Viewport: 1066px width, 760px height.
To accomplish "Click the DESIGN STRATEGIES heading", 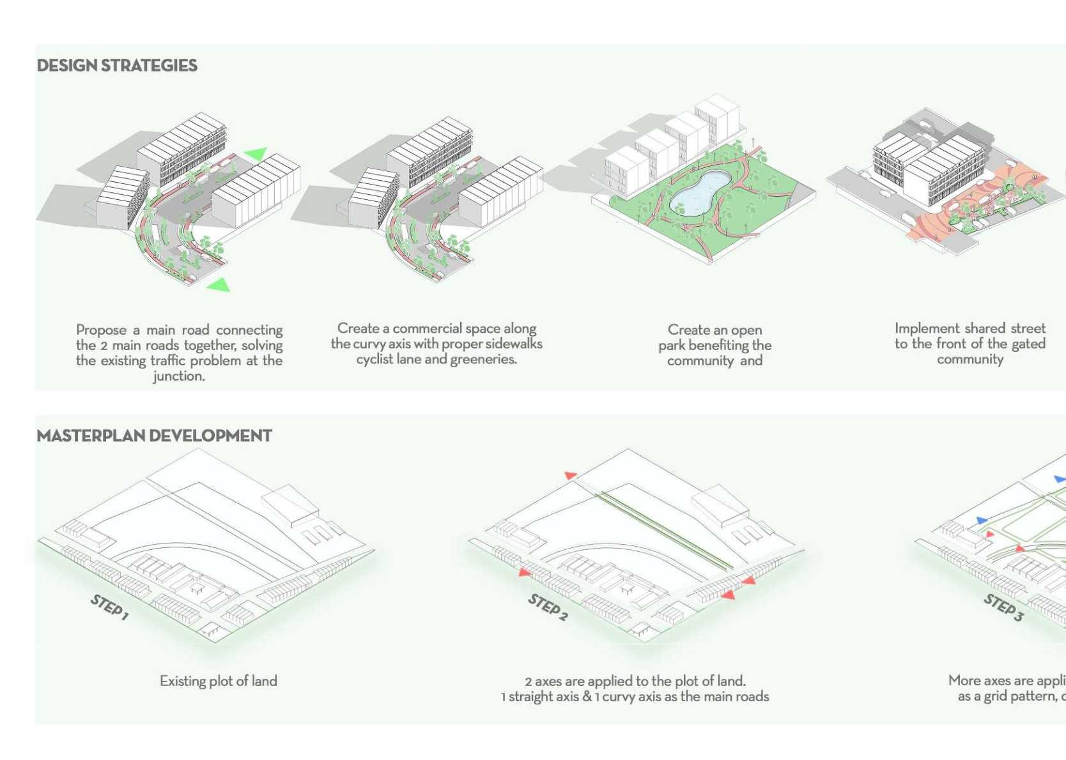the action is [x=117, y=65].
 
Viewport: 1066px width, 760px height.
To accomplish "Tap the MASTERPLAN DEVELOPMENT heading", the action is [x=154, y=436].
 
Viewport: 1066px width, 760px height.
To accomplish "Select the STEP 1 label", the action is [x=109, y=607].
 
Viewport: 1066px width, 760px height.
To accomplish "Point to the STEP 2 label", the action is [x=547, y=607].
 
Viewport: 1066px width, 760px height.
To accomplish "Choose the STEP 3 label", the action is [x=1003, y=607].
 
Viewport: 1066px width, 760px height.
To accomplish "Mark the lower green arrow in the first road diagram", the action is [x=219, y=284].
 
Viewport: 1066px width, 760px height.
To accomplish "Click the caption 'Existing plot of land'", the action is [x=218, y=681].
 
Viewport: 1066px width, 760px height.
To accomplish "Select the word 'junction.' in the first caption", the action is [x=179, y=376].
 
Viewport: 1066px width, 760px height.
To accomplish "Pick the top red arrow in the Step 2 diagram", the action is [x=570, y=475].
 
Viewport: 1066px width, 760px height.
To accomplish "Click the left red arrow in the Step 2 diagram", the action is [x=524, y=572].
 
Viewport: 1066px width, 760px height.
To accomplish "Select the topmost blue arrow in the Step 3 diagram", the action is [x=1059, y=478].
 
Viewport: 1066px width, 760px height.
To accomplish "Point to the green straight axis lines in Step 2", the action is [x=665, y=529].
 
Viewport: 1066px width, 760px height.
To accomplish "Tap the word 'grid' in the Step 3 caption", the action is [x=996, y=696].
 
